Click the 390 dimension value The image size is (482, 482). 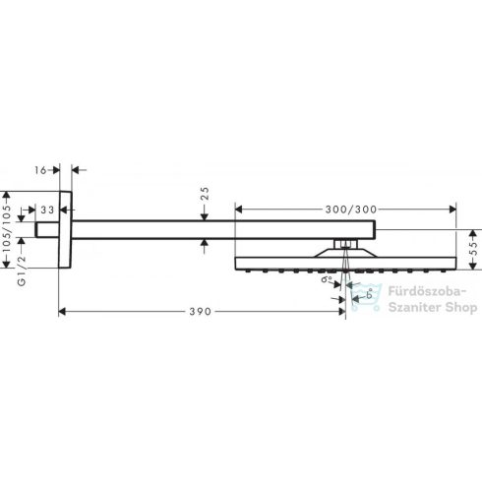coord(200,311)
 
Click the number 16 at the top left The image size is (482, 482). coord(40,170)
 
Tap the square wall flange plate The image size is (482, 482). coord(66,228)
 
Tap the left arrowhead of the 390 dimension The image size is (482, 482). coord(64,311)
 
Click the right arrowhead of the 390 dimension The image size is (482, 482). coord(339,311)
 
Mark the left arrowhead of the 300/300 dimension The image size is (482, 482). coord(239,209)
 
